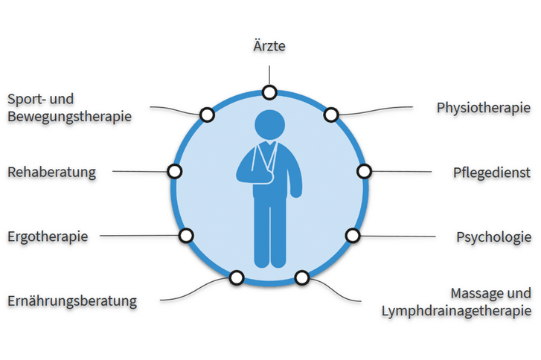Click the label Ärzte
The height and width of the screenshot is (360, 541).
click(x=269, y=47)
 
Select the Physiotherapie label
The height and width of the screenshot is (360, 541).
click(x=484, y=107)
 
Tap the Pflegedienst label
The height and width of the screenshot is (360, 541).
click(x=492, y=173)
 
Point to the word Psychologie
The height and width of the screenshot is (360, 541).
click(x=493, y=237)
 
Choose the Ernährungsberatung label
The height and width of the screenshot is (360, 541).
click(x=72, y=301)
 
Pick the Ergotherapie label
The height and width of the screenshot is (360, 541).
click(x=48, y=237)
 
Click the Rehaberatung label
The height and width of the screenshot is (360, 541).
click(x=51, y=173)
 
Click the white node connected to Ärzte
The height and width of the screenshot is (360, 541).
click(x=269, y=92)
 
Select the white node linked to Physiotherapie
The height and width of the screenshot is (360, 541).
click(x=331, y=115)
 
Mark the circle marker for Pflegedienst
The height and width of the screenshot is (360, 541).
click(x=364, y=171)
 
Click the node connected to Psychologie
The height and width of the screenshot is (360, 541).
click(x=353, y=236)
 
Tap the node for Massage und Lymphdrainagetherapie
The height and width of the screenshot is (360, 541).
click(x=301, y=277)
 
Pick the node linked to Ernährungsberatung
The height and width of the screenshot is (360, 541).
click(x=237, y=277)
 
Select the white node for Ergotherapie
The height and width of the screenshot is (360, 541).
click(x=186, y=236)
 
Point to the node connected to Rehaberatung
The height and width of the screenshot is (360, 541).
click(x=175, y=171)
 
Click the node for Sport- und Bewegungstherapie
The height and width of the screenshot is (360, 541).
click(x=207, y=114)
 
